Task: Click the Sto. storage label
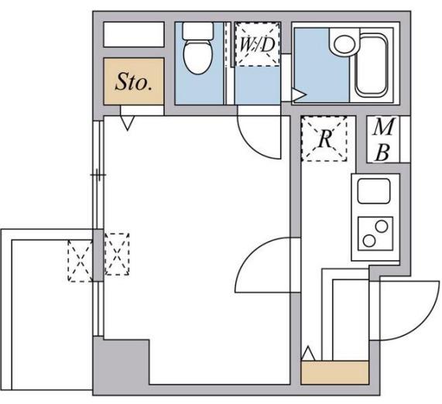pyautogui.click(x=134, y=82)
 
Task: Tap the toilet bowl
pyautogui.click(x=198, y=56)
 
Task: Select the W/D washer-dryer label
pyautogui.click(x=257, y=45)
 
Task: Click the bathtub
pyautogui.click(x=372, y=65)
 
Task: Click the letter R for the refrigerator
pyautogui.click(x=324, y=139)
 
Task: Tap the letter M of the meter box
pyautogui.click(x=383, y=127)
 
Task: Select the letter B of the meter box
pyautogui.click(x=383, y=152)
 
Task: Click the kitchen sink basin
pyautogui.click(x=374, y=191)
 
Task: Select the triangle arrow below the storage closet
pyautogui.click(x=128, y=123)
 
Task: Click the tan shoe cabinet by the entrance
pyautogui.click(x=335, y=372)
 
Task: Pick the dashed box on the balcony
pyautogui.click(x=81, y=261)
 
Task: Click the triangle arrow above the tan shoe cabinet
pyautogui.click(x=308, y=354)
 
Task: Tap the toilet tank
pyautogui.click(x=197, y=31)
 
